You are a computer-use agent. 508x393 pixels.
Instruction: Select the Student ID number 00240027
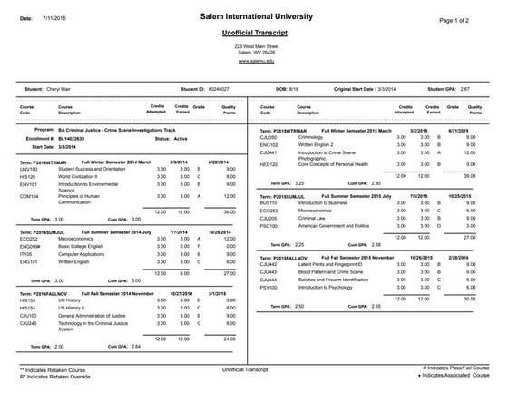click(220, 90)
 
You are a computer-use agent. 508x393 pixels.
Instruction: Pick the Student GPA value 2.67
click(466, 90)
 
